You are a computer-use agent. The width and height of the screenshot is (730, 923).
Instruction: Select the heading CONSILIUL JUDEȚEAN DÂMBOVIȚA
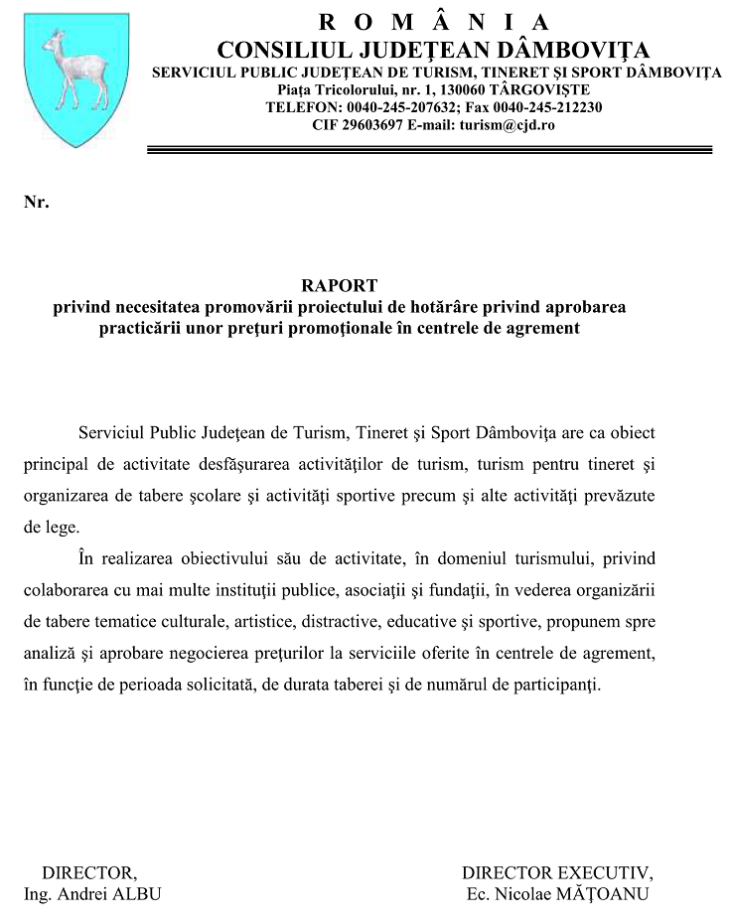[433, 49]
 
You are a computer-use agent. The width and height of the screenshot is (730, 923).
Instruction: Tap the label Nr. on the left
[36, 203]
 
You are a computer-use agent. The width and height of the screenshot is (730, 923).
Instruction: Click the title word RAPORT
[339, 286]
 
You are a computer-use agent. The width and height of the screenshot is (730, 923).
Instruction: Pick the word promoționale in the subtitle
[371, 327]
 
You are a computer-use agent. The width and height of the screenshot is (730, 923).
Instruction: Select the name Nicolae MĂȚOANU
[571, 893]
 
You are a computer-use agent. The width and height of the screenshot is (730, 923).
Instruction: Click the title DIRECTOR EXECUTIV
[557, 872]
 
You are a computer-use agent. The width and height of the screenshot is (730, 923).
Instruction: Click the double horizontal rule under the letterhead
[429, 149]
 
